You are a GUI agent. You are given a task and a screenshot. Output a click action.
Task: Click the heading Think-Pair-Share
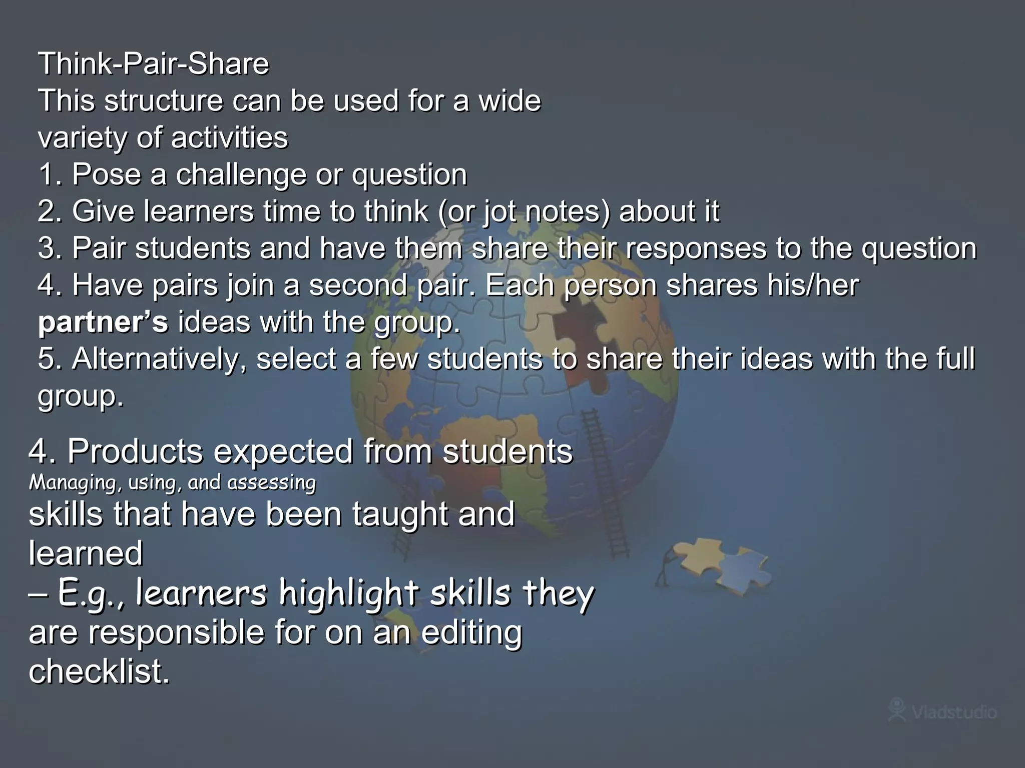tap(154, 64)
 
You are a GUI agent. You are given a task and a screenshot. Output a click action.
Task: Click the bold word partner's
tap(103, 322)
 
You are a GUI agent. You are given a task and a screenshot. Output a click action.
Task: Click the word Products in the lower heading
tap(135, 451)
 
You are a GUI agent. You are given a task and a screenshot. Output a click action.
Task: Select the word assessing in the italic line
tap(271, 483)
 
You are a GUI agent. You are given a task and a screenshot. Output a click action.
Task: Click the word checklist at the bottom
tap(99, 671)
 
